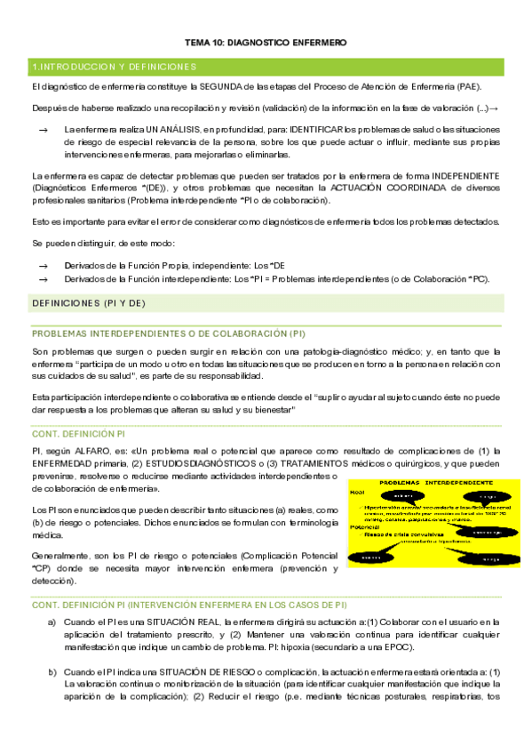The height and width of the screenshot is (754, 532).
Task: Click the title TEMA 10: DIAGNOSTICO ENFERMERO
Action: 266,43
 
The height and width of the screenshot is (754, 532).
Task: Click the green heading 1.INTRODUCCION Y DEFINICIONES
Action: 113,67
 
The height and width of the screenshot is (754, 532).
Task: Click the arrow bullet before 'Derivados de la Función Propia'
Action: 44,266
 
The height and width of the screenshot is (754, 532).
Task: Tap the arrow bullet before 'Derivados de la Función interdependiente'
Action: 44,278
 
